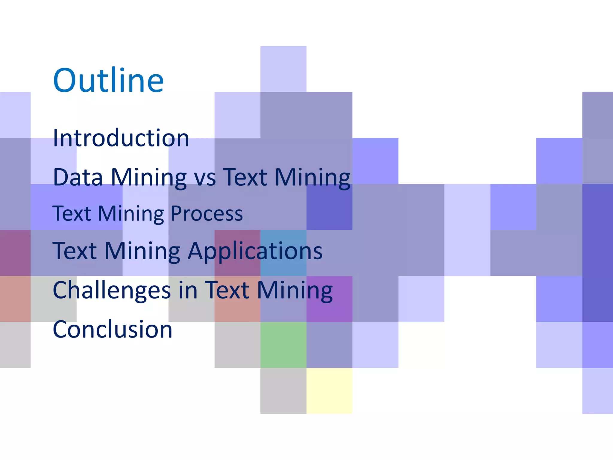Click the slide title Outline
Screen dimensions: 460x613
108,80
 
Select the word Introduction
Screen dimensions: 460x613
121,138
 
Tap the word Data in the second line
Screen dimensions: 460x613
78,177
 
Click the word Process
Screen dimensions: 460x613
207,214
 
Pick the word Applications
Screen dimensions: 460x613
255,251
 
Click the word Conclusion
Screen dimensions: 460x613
113,329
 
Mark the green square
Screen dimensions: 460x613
283,345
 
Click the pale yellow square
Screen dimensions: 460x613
329,391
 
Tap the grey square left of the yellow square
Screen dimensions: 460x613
283,391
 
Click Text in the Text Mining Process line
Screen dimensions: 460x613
72,214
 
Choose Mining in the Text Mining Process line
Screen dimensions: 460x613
131,214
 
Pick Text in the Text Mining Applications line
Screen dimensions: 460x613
75,251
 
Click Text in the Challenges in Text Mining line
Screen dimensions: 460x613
227,290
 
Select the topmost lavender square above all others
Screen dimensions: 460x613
283,69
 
